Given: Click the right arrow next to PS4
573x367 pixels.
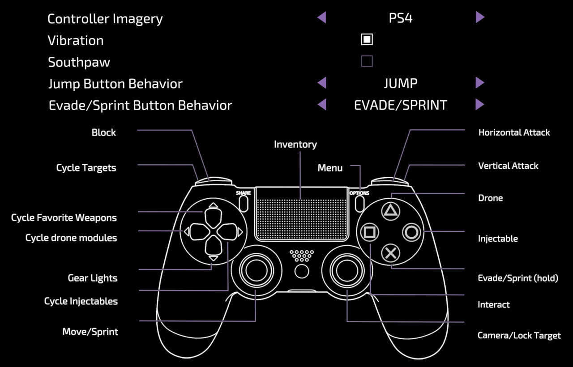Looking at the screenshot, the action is click(480, 17).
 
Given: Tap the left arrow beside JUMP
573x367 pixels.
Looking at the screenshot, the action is click(322, 83).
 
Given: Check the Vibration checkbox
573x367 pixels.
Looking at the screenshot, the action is click(367, 39).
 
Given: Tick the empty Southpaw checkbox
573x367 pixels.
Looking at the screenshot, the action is click(367, 61).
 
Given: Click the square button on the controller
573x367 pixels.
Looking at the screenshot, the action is click(369, 232).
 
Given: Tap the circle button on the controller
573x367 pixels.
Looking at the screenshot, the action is click(411, 232).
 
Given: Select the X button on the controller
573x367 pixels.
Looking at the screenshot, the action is click(390, 253).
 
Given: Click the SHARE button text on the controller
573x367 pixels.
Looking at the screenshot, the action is click(243, 193).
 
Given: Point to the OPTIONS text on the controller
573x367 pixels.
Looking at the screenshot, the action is click(359, 193).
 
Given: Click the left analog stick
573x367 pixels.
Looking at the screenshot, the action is click(257, 271).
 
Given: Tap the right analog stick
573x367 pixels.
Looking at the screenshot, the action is click(347, 271).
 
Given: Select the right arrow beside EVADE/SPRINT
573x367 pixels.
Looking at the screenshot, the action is click(480, 104).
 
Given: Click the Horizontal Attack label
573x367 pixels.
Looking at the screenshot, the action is click(514, 132).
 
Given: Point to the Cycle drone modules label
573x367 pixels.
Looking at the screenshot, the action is click(71, 238).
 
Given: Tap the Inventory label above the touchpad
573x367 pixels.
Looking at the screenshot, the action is click(295, 145).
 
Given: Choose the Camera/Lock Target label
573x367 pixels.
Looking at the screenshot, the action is click(519, 335).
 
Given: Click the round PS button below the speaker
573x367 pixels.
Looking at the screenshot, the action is click(302, 271).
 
